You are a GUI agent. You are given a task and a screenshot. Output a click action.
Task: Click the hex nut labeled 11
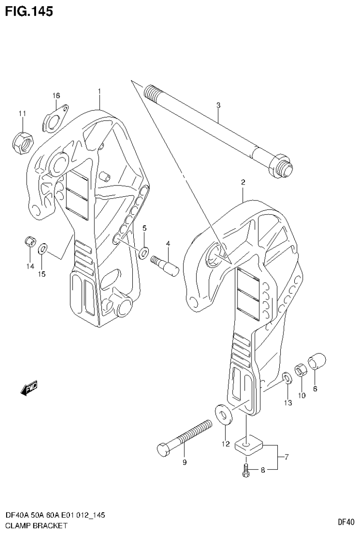[x=22, y=140]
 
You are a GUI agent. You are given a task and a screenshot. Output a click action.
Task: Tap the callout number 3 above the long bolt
[x=218, y=106]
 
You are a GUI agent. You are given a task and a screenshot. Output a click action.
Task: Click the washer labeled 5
[x=144, y=248]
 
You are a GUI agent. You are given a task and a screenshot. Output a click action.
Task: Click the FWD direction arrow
[x=29, y=388]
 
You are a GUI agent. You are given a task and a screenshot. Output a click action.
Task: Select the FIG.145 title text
[x=29, y=11]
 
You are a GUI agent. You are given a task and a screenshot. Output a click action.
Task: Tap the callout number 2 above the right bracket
[x=243, y=182]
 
